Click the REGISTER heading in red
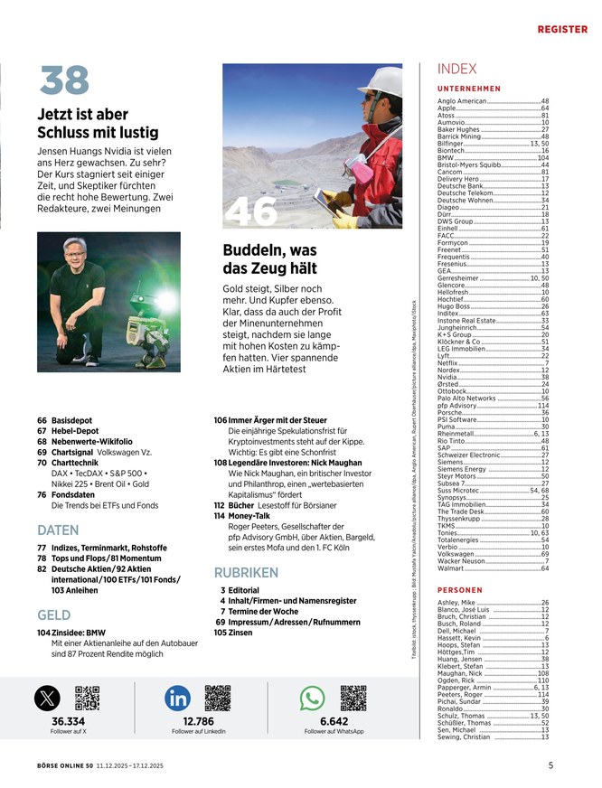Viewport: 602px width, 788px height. (x=562, y=29)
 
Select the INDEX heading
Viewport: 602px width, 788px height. (x=456, y=69)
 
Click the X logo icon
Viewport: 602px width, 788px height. (x=48, y=698)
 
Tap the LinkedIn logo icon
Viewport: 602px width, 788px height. (x=178, y=698)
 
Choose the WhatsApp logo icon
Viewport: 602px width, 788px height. (x=312, y=698)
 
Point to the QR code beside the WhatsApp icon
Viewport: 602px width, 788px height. (x=353, y=698)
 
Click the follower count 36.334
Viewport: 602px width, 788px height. (x=68, y=721)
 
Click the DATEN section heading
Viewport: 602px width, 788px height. (x=58, y=530)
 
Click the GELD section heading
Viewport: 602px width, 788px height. (x=53, y=614)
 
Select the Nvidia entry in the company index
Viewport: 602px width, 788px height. (x=448, y=377)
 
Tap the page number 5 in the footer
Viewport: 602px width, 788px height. (x=550, y=765)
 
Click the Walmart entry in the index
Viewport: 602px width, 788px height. (x=450, y=568)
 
